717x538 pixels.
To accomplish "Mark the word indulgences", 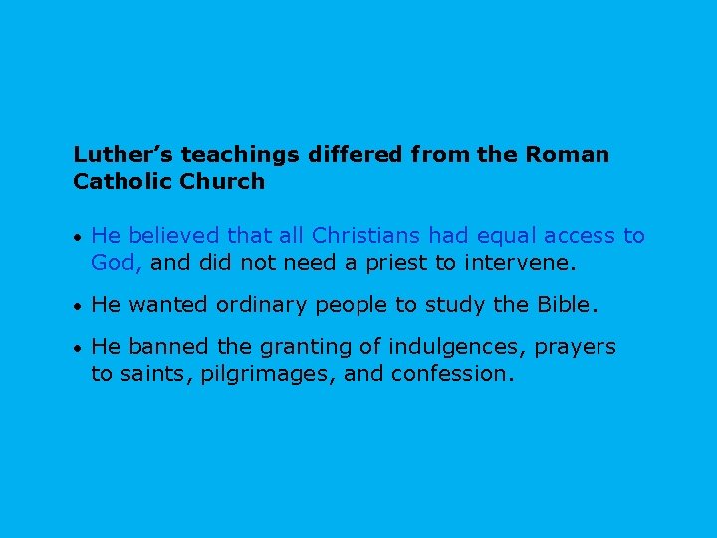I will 446,347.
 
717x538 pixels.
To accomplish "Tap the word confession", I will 452,374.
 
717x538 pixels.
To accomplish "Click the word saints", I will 149,374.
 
